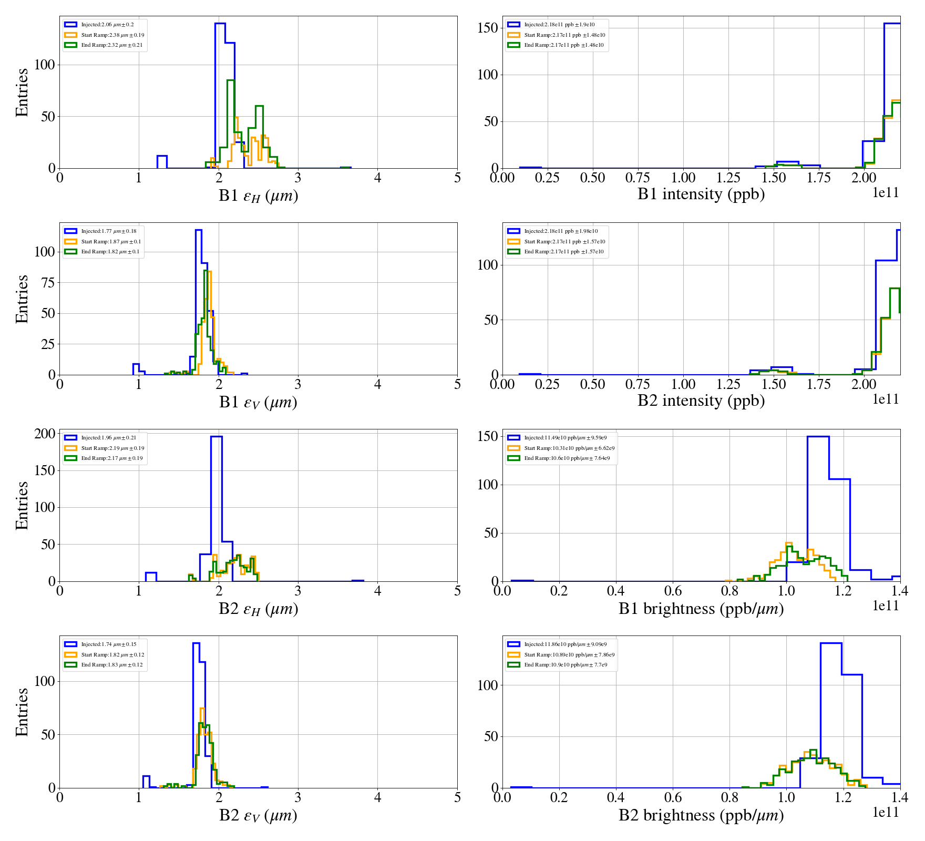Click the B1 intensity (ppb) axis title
pos(701,194)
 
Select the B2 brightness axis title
pos(701,815)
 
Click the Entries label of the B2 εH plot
pos(22,505)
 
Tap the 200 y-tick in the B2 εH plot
pos(45,434)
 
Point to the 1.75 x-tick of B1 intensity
pos(819,178)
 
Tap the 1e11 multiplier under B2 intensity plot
pos(886,399)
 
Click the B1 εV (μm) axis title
pos(258,402)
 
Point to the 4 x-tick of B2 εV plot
pos(377,797)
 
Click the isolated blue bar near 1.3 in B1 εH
pos(162,162)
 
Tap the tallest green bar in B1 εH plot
pos(230,124)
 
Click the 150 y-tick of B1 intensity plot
pos(487,28)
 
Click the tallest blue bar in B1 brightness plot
pos(818,507)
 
